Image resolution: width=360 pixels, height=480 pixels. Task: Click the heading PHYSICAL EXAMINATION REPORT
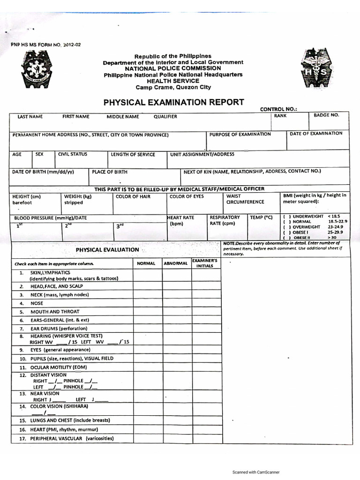tap(173, 102)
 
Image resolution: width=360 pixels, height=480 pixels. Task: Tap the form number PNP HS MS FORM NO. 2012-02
tap(46, 45)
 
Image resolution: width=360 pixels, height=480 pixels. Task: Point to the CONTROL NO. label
tap(278, 109)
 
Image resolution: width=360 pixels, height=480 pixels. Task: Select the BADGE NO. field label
tap(326, 115)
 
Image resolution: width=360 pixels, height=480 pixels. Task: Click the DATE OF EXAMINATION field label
tap(316, 134)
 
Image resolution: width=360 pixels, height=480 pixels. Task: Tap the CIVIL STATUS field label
tap(72, 154)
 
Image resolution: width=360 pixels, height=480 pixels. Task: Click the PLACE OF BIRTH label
tap(109, 172)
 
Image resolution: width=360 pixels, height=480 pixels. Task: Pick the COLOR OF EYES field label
tap(187, 196)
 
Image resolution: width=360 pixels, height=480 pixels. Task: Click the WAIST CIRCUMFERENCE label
tap(245, 199)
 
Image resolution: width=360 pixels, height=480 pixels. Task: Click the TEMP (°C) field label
tap(261, 217)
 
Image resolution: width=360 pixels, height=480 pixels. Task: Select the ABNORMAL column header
tap(176, 263)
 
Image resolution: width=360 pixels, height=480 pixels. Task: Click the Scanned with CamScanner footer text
tap(256, 472)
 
